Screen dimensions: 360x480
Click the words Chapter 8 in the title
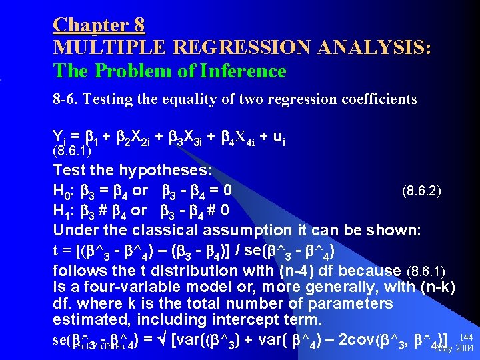point(99,25)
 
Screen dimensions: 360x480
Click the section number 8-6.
point(67,99)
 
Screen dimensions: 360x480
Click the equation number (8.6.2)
point(421,193)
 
